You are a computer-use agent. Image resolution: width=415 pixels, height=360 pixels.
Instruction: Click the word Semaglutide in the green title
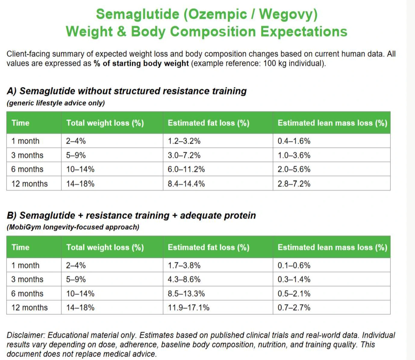click(138, 14)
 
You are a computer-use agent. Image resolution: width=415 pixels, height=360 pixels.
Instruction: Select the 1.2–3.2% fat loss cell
click(184, 141)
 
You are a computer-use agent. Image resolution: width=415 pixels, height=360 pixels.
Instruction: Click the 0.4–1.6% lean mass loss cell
click(294, 141)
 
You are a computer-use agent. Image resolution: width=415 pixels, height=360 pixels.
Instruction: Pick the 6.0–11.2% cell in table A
click(186, 169)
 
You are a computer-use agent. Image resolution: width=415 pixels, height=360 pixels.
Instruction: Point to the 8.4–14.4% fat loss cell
click(186, 184)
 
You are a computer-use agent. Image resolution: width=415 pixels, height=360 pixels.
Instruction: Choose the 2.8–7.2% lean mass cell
click(294, 184)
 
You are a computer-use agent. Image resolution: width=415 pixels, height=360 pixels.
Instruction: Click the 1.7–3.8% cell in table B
click(184, 265)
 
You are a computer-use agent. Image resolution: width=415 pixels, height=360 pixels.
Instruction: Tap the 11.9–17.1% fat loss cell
click(189, 308)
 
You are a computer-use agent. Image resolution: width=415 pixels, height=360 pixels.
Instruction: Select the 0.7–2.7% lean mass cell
click(294, 308)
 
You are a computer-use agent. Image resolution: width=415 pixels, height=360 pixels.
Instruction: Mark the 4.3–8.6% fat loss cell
click(184, 279)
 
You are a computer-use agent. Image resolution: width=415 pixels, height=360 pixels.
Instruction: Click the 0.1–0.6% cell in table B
click(294, 265)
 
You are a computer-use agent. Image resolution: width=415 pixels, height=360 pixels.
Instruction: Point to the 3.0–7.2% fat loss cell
click(184, 155)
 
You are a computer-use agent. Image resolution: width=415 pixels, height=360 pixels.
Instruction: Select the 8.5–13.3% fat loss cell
click(186, 294)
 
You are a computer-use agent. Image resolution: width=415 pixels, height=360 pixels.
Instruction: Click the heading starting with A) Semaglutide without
click(126, 91)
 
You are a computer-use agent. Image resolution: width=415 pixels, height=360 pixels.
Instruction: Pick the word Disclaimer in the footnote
click(26, 335)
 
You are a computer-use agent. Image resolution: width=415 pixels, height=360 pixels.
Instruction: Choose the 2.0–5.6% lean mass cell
click(294, 169)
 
